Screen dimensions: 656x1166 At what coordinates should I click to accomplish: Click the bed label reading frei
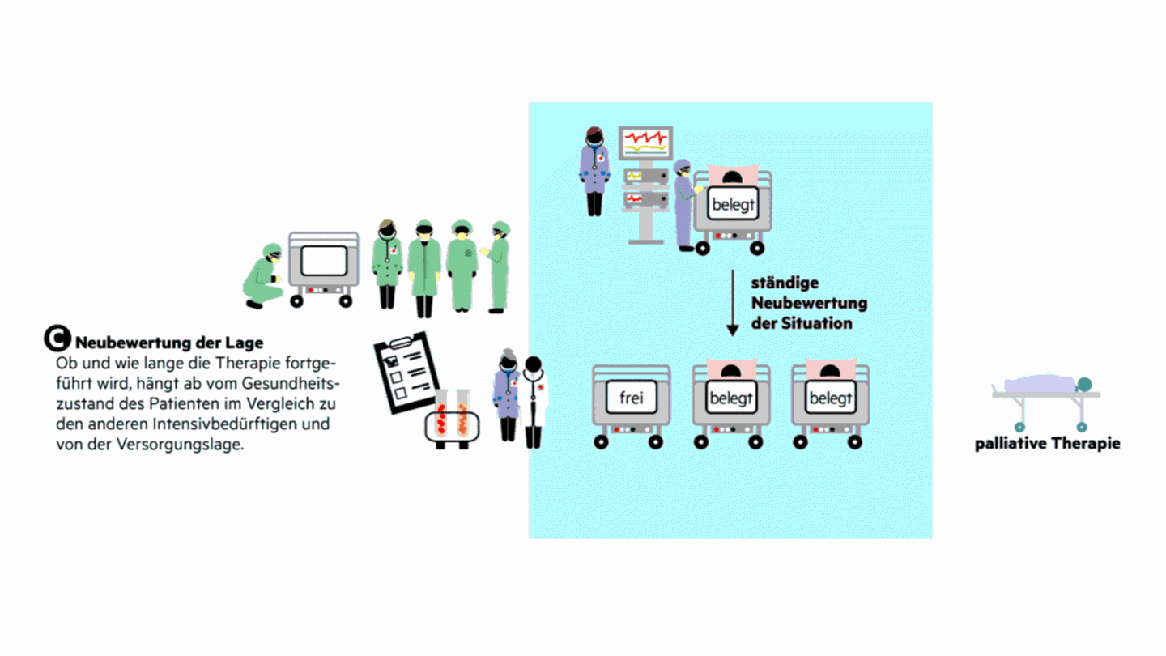tap(631, 398)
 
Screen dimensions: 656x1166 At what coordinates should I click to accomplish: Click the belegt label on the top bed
tap(732, 205)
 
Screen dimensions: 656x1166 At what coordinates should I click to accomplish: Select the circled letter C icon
tap(57, 339)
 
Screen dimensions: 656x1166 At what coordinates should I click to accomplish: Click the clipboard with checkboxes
tap(405, 373)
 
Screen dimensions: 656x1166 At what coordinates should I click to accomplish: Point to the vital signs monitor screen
tap(645, 143)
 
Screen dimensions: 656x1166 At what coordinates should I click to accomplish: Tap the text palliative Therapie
tap(1047, 443)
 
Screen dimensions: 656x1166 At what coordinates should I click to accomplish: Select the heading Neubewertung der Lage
tap(169, 343)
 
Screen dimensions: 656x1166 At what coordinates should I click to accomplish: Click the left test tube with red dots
tap(442, 413)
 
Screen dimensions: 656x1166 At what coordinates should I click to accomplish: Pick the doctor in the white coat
tap(534, 401)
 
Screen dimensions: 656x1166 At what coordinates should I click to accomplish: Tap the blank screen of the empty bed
tap(323, 260)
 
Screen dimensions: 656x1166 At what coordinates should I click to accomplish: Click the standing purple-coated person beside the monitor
tap(594, 171)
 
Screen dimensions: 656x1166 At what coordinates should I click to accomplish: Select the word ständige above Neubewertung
tap(785, 283)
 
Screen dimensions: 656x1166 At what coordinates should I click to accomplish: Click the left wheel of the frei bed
tap(601, 441)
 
